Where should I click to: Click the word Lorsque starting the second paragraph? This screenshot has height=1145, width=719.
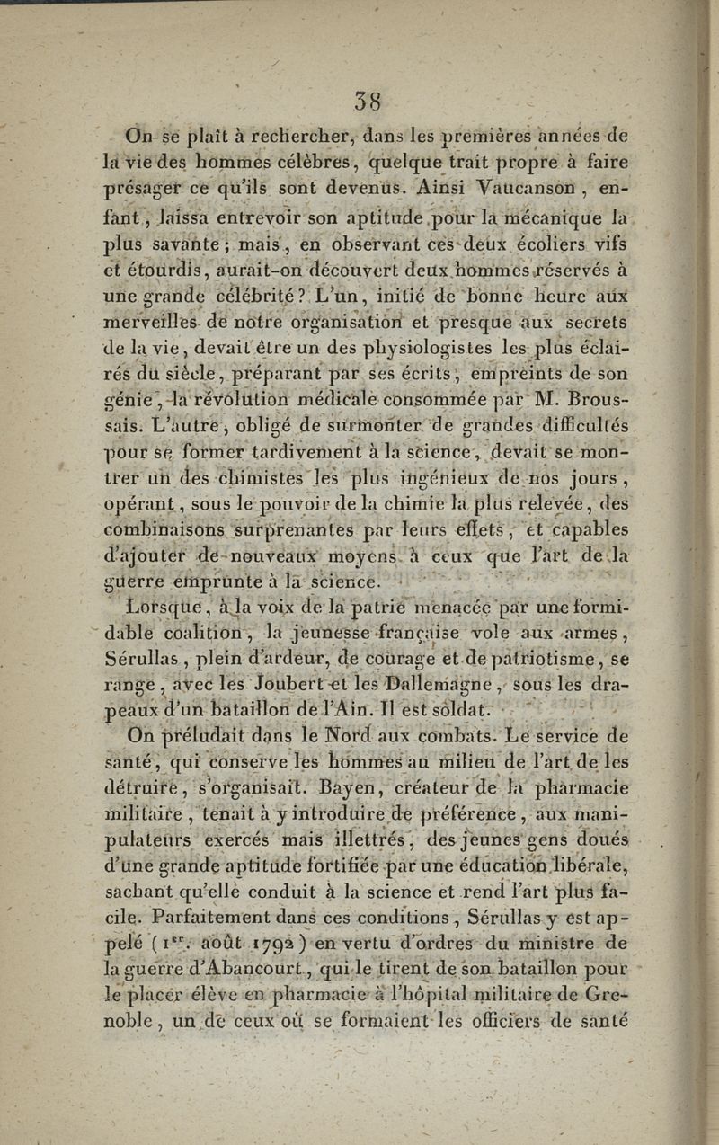click(x=167, y=607)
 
